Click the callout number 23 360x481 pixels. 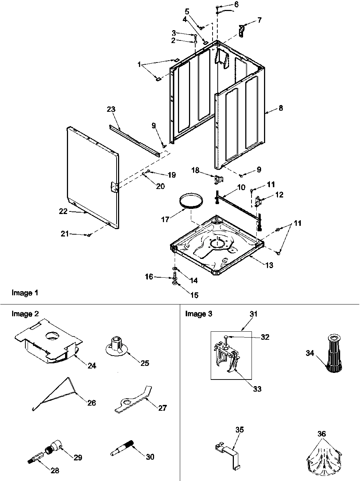coord(111,109)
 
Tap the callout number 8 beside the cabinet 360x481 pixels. coord(281,108)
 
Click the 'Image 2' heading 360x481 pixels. coord(25,314)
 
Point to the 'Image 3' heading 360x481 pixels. coord(199,314)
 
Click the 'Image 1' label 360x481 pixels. coord(25,293)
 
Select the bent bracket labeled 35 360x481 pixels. coord(228,451)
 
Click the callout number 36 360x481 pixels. coord(321,434)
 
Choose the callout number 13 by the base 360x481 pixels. coord(269,265)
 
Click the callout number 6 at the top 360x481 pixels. coord(246,4)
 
